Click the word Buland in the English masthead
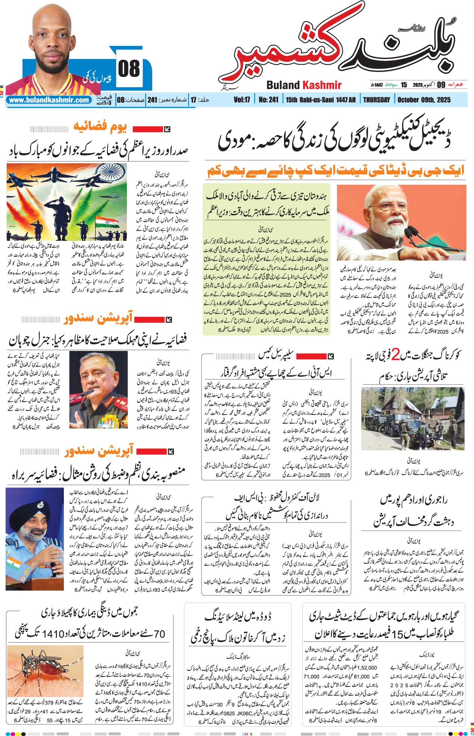[x=283, y=85]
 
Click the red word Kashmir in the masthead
[x=322, y=85]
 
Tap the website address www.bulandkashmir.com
[x=49, y=100]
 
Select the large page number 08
[x=129, y=69]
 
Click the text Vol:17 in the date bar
[x=241, y=100]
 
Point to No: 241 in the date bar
[x=268, y=100]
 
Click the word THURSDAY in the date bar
[x=376, y=100]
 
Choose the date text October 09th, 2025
[x=424, y=100]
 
